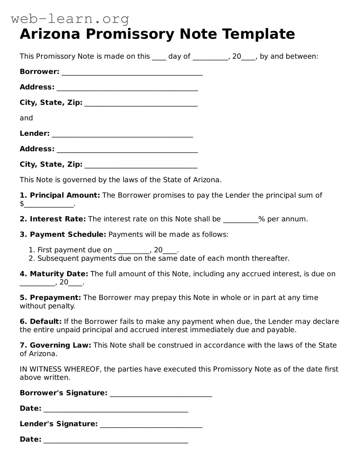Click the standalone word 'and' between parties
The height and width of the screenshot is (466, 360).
point(26,118)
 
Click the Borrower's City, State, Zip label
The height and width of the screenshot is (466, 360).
point(51,103)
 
